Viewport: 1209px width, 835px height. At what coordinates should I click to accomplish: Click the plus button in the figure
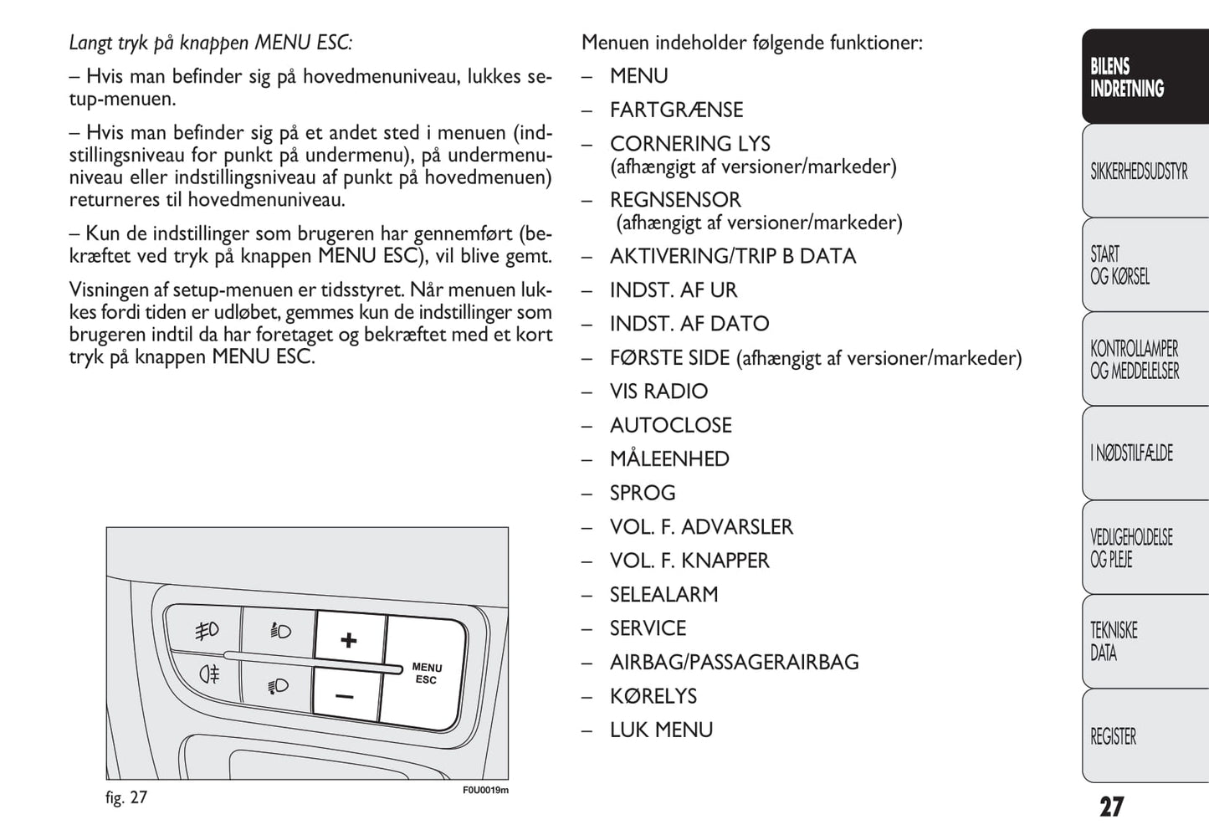[349, 641]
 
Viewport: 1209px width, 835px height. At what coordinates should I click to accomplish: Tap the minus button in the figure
[345, 696]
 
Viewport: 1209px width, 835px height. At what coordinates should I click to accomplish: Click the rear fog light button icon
[209, 674]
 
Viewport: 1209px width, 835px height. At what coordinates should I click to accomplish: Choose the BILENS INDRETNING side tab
[1144, 78]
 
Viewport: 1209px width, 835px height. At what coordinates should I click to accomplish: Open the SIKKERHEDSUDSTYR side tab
[1144, 172]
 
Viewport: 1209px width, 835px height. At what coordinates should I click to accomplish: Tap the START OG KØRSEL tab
[1144, 265]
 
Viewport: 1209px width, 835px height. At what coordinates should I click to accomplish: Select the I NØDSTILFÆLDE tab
[1144, 453]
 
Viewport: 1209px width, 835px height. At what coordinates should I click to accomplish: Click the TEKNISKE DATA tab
[1144, 642]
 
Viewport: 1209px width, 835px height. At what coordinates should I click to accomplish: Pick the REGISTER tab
[1144, 736]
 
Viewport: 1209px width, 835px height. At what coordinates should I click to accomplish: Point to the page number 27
[1111, 807]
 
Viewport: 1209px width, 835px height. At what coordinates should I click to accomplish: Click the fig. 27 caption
[126, 797]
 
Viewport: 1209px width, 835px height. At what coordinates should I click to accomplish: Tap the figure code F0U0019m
[485, 790]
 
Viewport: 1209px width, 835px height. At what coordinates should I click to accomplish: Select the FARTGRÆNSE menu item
[676, 110]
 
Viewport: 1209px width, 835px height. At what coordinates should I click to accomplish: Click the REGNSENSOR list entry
[675, 200]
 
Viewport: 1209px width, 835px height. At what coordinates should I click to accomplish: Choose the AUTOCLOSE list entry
[670, 425]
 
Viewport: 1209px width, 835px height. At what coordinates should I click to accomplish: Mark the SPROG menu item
[643, 493]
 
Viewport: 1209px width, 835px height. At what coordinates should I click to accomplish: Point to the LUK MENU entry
[661, 730]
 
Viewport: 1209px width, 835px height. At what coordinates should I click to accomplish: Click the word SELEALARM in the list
[663, 594]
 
